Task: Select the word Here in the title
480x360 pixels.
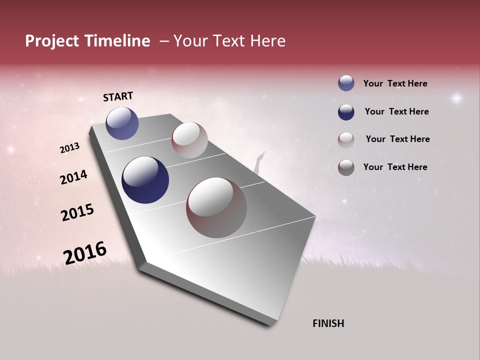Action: pos(267,41)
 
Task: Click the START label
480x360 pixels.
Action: pos(118,96)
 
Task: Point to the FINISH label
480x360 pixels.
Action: pos(328,323)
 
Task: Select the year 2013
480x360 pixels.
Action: pos(69,148)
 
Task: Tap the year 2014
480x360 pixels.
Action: pos(73,177)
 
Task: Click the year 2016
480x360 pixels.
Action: pos(85,253)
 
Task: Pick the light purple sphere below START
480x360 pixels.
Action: pos(122,123)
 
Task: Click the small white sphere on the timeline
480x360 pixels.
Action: pos(189,140)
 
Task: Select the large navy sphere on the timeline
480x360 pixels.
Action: pos(145,180)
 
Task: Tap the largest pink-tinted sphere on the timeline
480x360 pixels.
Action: pos(216,207)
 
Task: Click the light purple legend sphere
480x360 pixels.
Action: pos(346,83)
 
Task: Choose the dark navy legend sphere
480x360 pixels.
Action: pos(346,112)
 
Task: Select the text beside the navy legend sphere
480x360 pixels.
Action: pos(396,111)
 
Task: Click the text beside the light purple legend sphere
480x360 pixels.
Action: pos(395,83)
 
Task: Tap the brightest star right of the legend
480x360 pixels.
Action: pos(456,98)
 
